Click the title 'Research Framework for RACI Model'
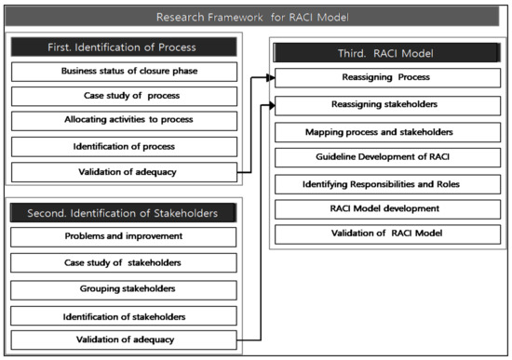coord(255,16)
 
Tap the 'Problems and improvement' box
coord(122,236)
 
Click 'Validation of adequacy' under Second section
coord(122,340)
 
